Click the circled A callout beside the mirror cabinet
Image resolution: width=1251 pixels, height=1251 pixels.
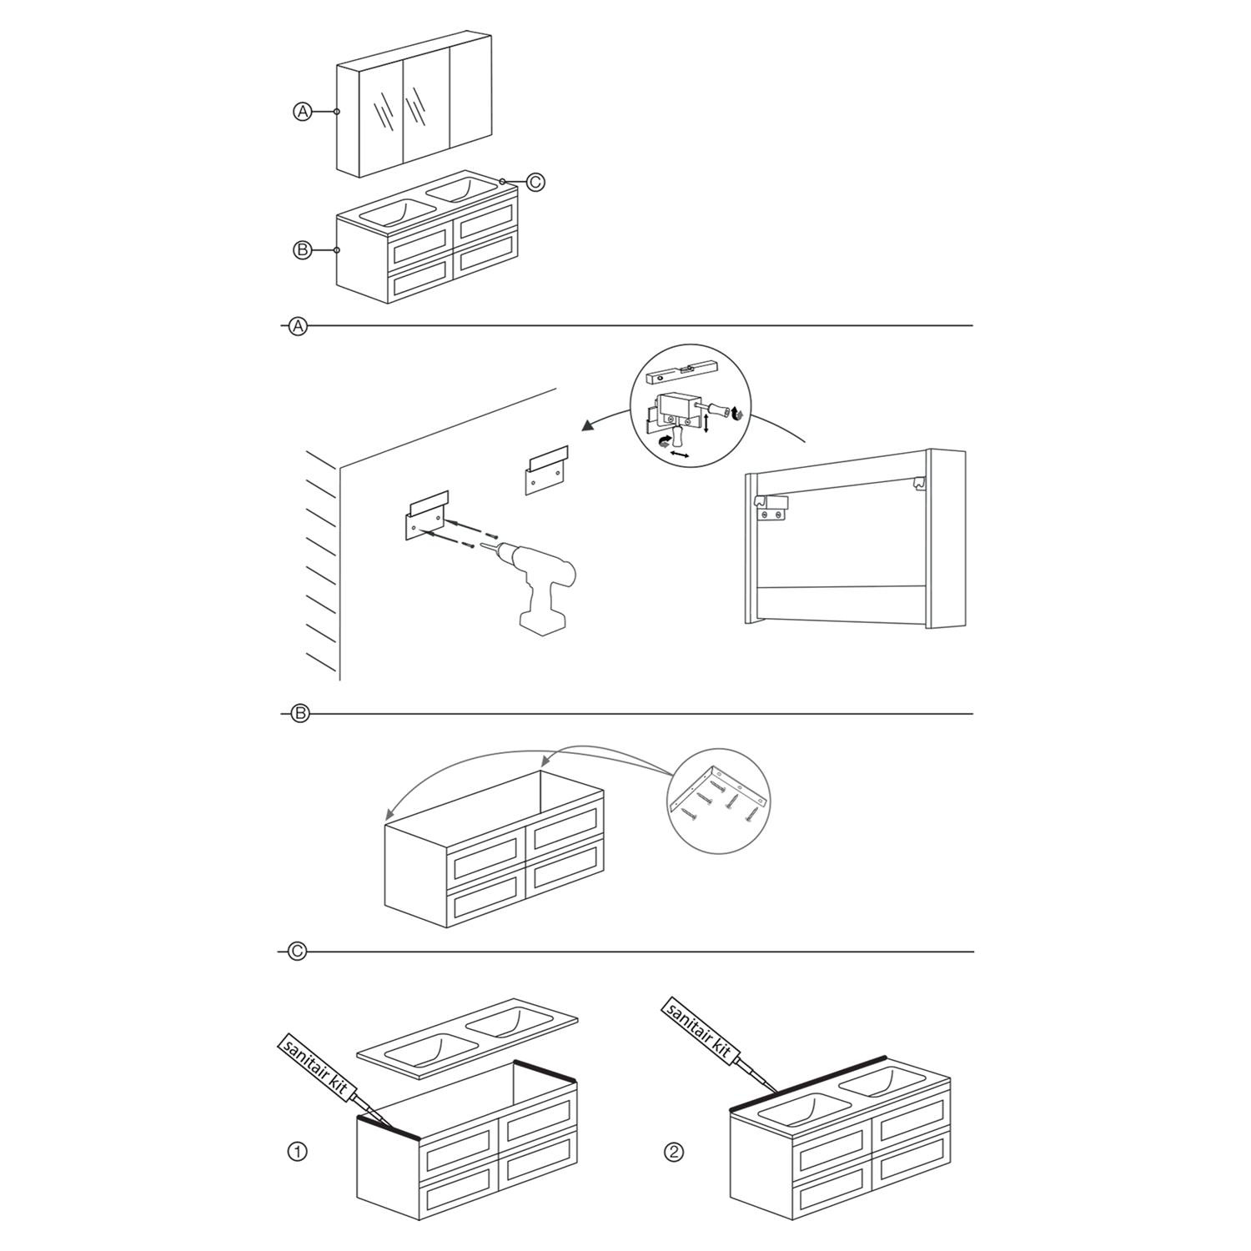click(302, 111)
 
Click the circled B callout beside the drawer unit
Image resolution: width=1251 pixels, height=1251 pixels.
click(302, 249)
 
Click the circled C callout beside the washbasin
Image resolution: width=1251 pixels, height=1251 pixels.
click(535, 181)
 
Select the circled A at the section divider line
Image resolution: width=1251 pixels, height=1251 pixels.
click(298, 326)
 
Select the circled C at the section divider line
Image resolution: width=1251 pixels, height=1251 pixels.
click(297, 952)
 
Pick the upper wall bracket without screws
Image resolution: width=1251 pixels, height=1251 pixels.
click(546, 470)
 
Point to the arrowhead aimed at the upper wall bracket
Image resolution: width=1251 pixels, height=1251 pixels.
click(589, 426)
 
